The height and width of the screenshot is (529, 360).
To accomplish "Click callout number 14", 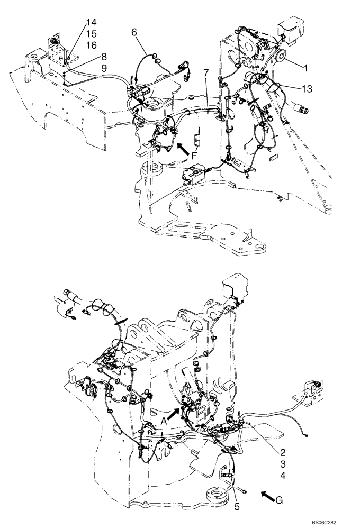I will click(91, 22).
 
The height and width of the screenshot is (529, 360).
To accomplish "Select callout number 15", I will click(91, 33).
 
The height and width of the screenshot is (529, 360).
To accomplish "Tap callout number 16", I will click(91, 44).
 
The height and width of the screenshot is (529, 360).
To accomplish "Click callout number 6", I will click(134, 32).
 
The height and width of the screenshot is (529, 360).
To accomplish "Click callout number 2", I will click(284, 452).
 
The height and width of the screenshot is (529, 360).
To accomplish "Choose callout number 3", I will click(284, 464).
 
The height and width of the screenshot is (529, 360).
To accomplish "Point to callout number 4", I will click(284, 475).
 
